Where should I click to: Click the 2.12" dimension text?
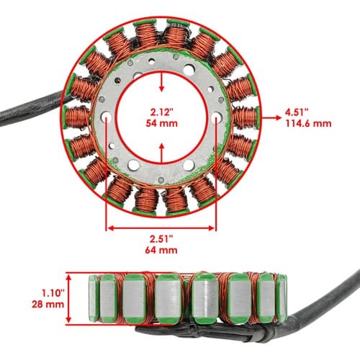click(161, 112)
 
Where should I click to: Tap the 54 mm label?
click(161, 123)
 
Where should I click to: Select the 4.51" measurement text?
click(297, 112)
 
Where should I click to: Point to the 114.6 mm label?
click(308, 123)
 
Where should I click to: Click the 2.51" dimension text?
click(161, 239)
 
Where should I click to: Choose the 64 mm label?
click(161, 250)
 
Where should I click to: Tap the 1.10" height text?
click(53, 293)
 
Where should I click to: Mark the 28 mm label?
click(48, 305)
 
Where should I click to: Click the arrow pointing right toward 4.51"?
click(271, 117)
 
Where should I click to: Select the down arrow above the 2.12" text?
click(162, 81)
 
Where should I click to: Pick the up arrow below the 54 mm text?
click(162, 153)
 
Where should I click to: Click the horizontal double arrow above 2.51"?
click(161, 228)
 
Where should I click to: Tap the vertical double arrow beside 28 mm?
click(69, 299)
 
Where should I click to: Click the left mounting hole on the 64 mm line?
click(106, 117)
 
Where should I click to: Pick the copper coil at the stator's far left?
click(77, 117)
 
